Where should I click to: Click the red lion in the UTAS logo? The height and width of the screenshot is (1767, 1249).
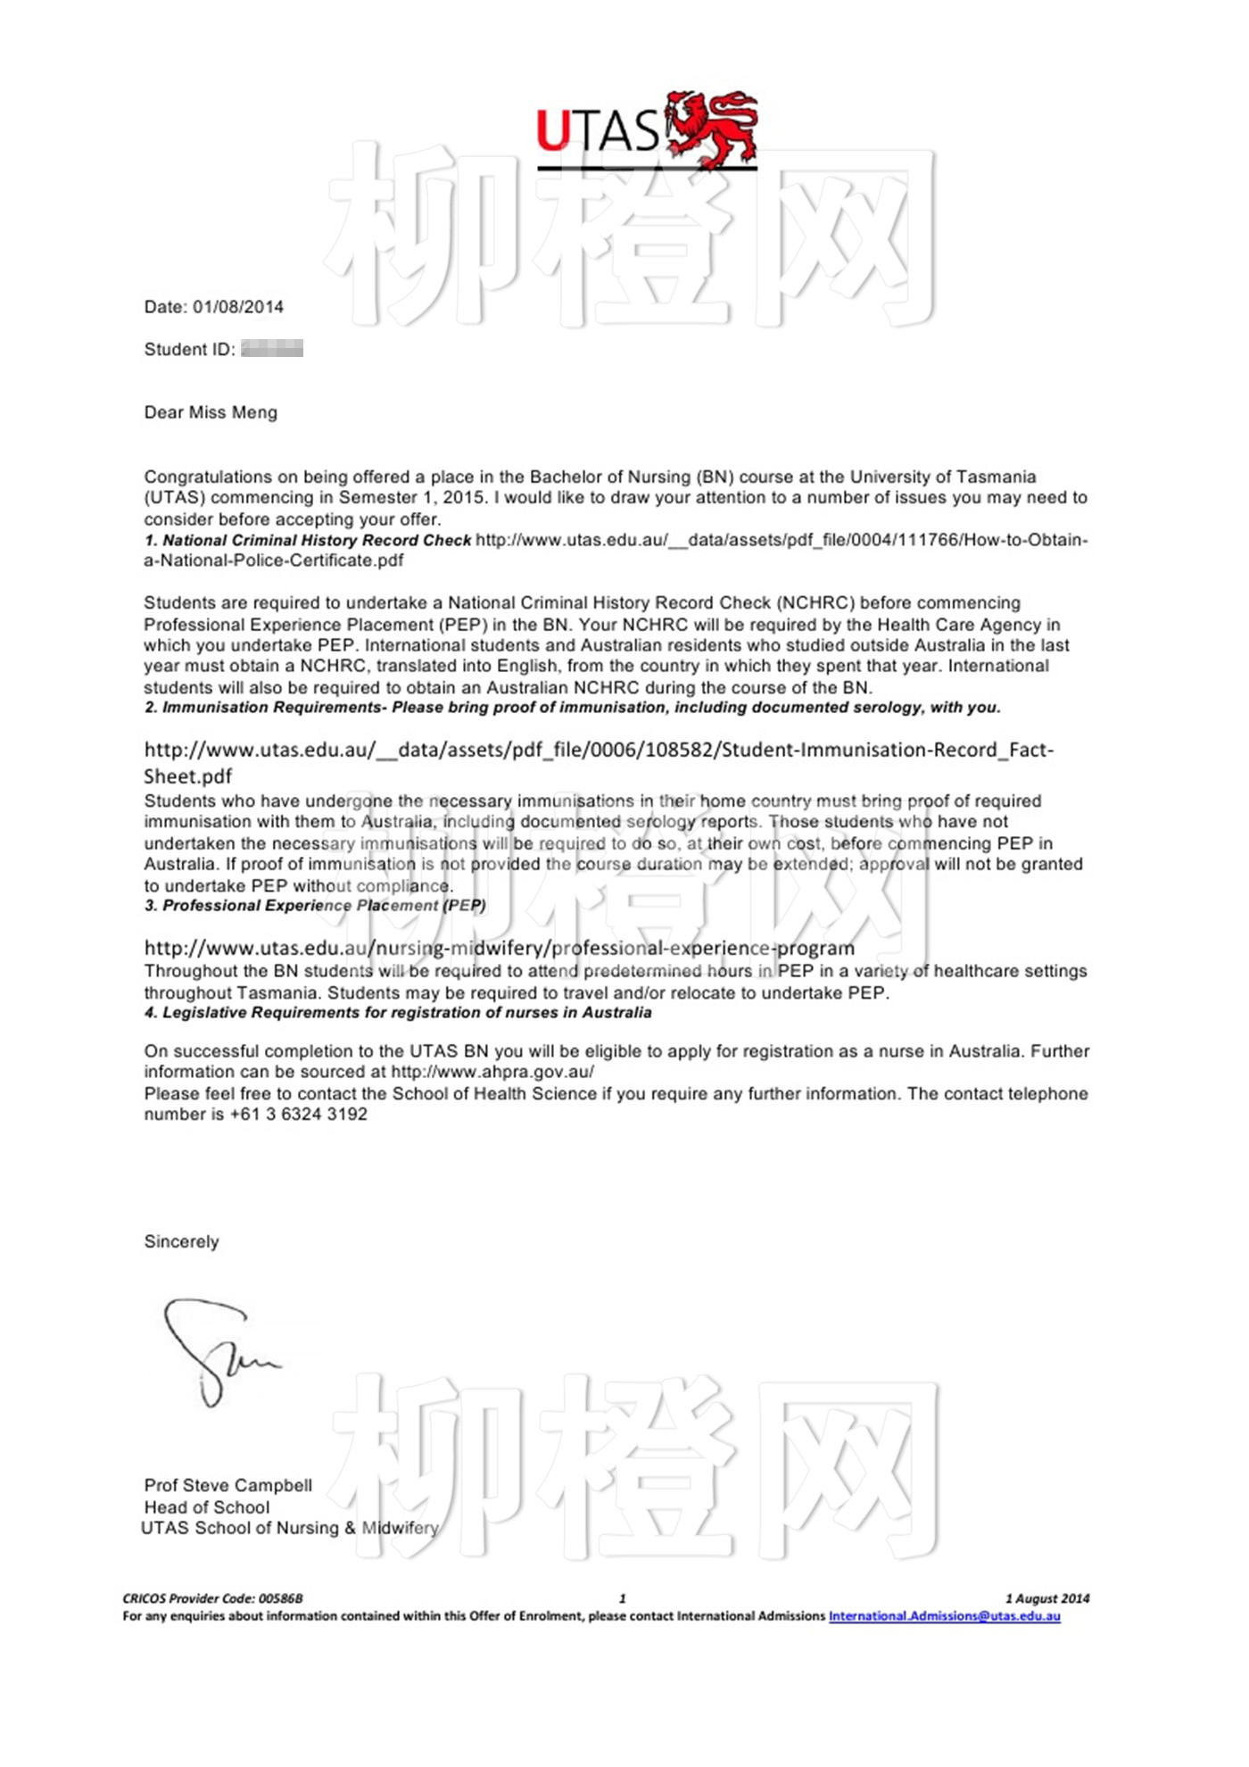(711, 128)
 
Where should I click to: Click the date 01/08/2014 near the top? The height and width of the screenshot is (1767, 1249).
(238, 307)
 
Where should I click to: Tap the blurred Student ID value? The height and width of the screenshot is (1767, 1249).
(272, 349)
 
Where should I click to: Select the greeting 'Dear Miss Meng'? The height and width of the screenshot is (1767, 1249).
(211, 412)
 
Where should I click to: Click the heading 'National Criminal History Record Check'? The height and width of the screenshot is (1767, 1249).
(317, 540)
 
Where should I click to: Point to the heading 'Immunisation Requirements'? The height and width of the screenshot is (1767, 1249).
(272, 708)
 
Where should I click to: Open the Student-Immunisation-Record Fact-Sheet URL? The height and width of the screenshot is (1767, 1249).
(598, 751)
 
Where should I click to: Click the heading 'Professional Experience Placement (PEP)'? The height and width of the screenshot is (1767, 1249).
(324, 906)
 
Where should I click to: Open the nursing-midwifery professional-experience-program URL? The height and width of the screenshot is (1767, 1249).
(500, 948)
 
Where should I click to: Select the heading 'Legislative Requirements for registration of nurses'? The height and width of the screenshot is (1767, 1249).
(406, 1013)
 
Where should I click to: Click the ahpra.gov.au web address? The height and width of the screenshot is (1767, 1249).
(492, 1072)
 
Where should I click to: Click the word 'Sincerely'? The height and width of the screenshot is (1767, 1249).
(181, 1242)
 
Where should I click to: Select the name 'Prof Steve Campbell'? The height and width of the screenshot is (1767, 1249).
(228, 1486)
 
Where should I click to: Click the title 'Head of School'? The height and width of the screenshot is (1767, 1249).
(207, 1507)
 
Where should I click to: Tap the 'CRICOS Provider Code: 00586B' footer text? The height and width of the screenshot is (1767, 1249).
(212, 1598)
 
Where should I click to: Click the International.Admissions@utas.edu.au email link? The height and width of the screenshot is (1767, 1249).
(944, 1616)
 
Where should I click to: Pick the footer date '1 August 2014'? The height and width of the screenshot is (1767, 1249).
(1047, 1598)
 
